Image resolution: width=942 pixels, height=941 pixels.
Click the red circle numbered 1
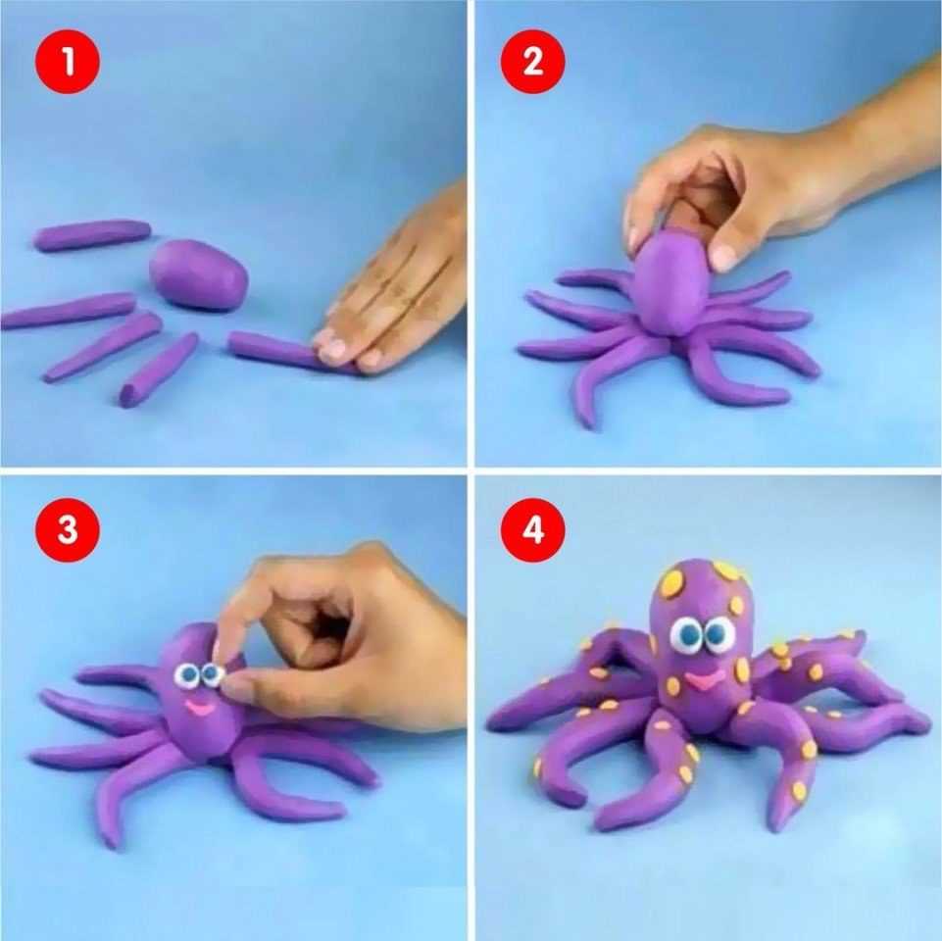pyautogui.click(x=68, y=62)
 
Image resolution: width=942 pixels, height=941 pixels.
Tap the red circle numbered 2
pyautogui.click(x=533, y=62)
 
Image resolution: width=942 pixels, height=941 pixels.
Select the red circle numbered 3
pyautogui.click(x=68, y=529)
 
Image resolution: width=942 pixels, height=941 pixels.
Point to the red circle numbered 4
pyautogui.click(x=533, y=529)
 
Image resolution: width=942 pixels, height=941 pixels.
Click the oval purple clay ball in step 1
pyautogui.click(x=198, y=274)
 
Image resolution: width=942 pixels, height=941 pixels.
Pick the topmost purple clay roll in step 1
pyautogui.click(x=91, y=234)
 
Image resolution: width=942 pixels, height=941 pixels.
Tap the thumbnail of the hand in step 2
pyautogui.click(x=723, y=257)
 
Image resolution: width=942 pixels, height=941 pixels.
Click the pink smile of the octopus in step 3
pyautogui.click(x=198, y=708)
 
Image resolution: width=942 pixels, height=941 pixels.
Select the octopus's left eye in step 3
pyautogui.click(x=187, y=676)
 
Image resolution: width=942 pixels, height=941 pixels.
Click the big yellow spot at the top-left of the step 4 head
pyautogui.click(x=671, y=581)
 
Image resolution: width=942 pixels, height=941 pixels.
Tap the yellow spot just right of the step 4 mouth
pyautogui.click(x=743, y=669)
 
